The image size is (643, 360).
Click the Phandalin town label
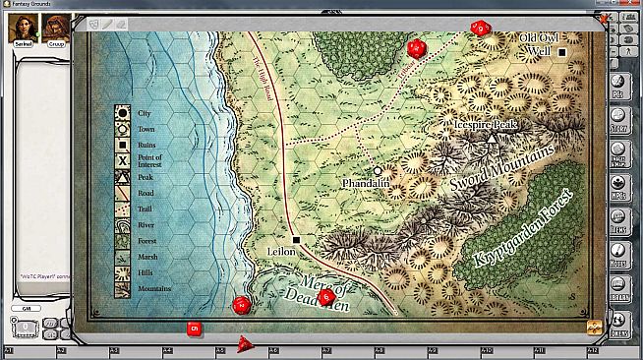[x=366, y=184]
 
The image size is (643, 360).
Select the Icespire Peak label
[x=485, y=126]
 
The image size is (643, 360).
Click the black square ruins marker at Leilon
[x=295, y=239]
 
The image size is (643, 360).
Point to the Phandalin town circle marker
[x=378, y=170]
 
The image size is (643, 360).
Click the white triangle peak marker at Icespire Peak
[x=492, y=140]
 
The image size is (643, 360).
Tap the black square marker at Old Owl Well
[x=562, y=51]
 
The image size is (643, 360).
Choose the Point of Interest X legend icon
[x=124, y=160]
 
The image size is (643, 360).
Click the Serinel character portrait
[x=21, y=30]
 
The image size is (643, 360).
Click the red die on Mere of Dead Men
[x=327, y=296]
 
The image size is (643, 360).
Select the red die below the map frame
[x=194, y=329]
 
